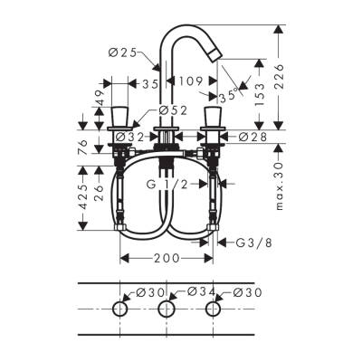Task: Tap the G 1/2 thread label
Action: (x=171, y=185)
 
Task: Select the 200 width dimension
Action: (x=167, y=258)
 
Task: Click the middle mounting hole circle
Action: (x=167, y=310)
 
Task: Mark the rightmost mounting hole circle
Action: (x=214, y=310)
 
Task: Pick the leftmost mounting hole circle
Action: (x=119, y=310)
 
